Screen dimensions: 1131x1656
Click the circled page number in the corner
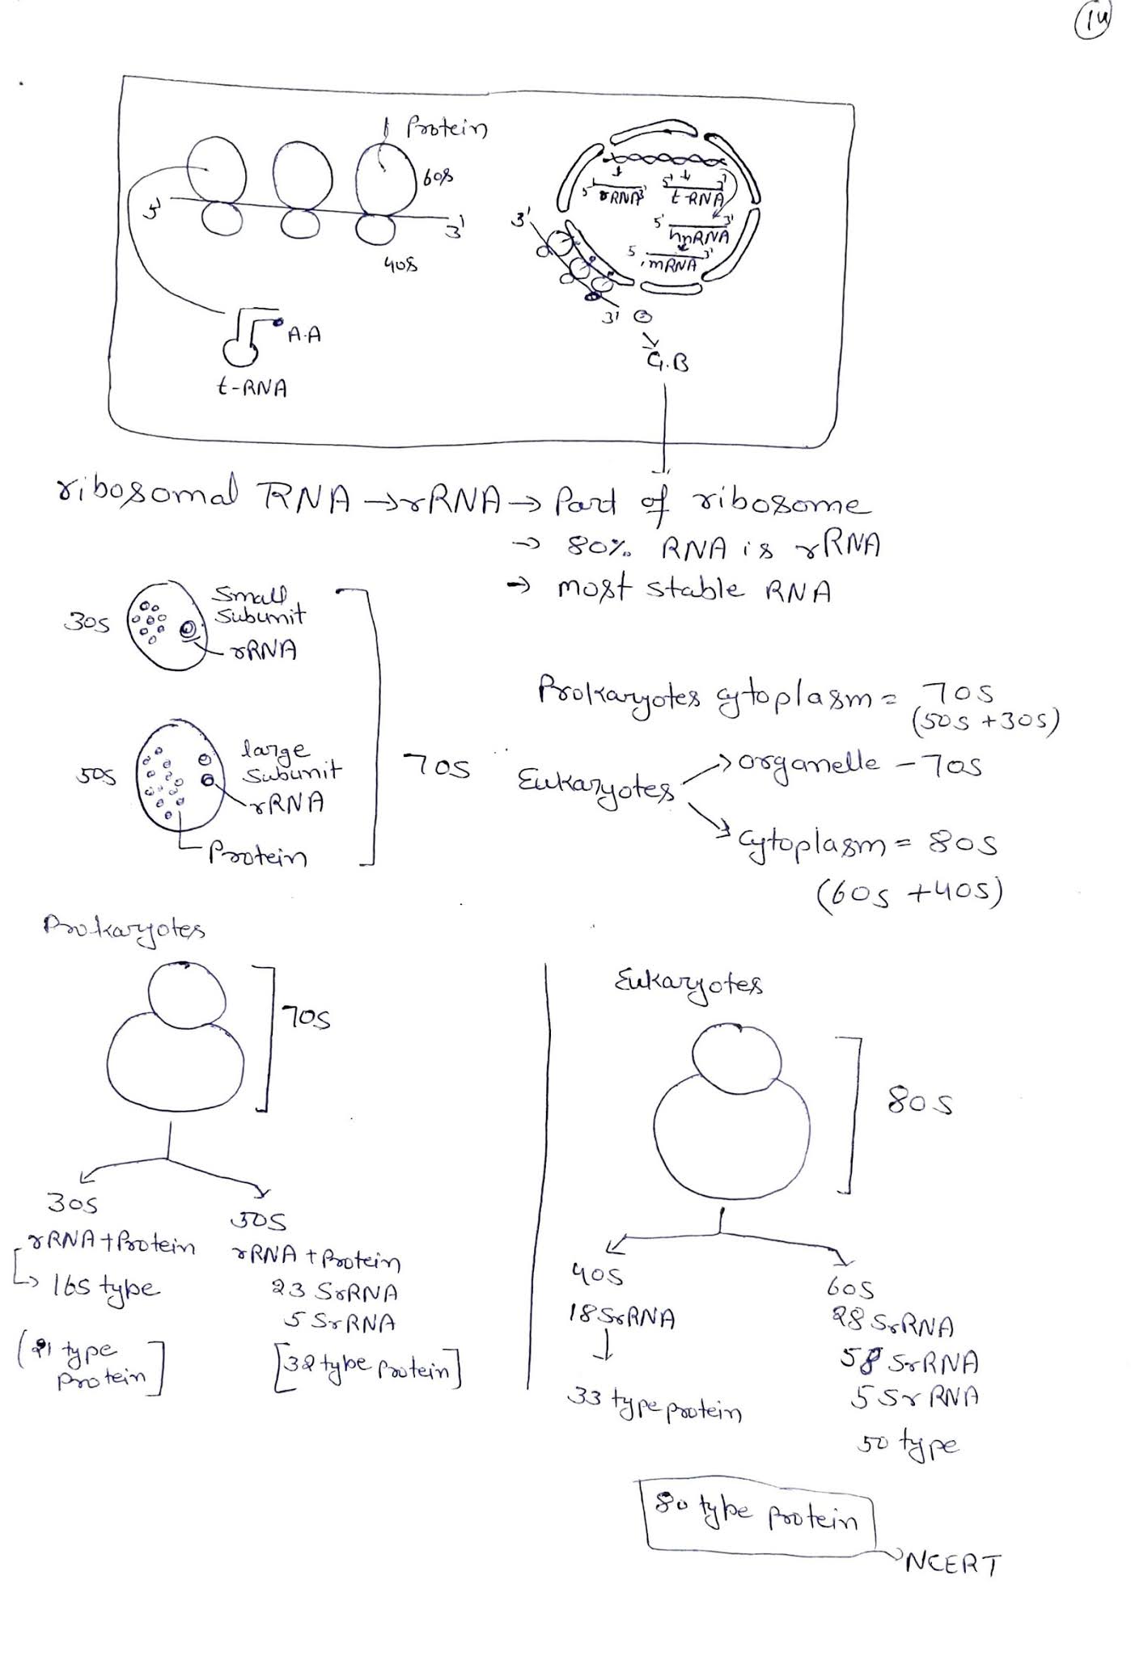point(1091,24)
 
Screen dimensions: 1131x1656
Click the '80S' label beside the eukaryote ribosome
point(920,1102)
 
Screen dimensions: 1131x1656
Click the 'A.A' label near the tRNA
point(303,334)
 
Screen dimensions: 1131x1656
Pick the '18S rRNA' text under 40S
point(621,1319)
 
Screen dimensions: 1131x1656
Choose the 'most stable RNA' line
point(693,589)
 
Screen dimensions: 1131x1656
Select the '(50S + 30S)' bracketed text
point(985,721)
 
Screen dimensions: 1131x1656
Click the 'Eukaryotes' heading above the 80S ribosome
point(688,983)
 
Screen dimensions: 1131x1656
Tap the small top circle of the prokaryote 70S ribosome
point(187,994)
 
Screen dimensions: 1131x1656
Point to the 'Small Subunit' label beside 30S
point(258,606)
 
